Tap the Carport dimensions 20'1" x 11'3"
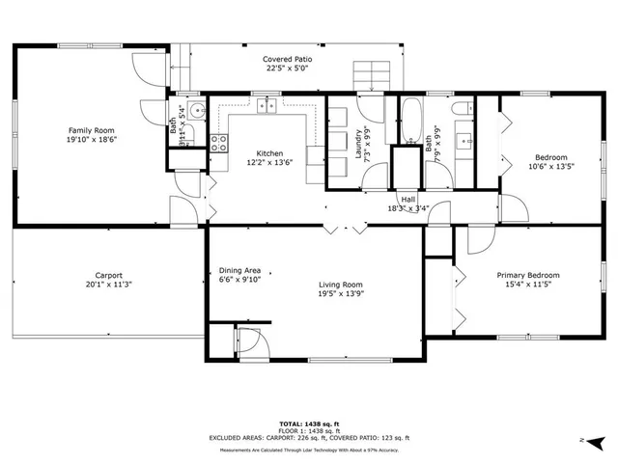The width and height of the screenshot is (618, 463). tap(108, 285)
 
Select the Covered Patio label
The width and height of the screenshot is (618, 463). tap(287, 60)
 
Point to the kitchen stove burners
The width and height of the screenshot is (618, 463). tap(218, 144)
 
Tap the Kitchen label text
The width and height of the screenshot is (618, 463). tap(269, 153)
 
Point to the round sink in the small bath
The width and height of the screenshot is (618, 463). tap(196, 111)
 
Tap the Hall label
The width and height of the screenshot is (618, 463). tap(408, 198)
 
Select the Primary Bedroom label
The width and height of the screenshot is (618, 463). tap(528, 275)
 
